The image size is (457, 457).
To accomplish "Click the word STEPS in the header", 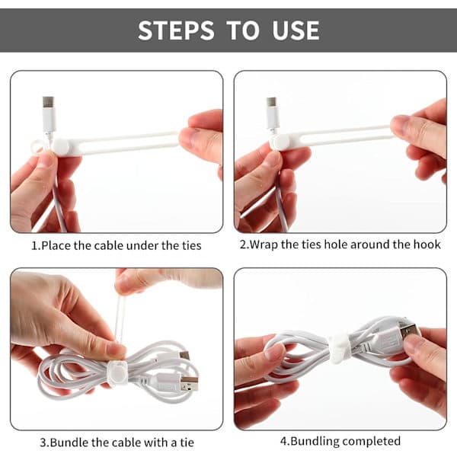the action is (x=176, y=30).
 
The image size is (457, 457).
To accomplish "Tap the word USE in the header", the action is (x=296, y=30).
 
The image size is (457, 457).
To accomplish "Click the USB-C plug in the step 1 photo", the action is (x=49, y=114).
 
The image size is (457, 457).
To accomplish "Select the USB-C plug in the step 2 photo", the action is (x=273, y=113).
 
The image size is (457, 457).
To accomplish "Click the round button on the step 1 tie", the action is (x=61, y=145).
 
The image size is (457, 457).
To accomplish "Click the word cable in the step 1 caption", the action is (x=109, y=245).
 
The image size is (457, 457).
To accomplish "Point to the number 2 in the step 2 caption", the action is (x=243, y=244).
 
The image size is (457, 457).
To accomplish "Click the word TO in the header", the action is (x=243, y=30).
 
